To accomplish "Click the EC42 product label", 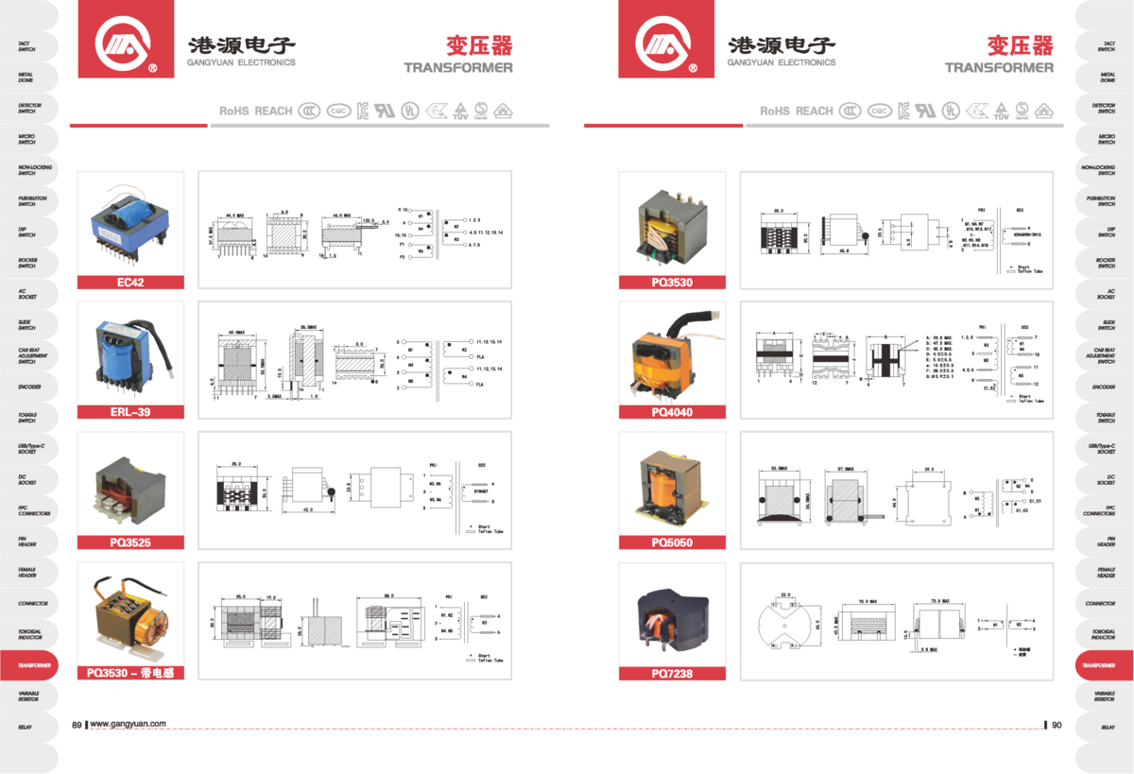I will (129, 282).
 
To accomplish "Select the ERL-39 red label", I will (129, 412).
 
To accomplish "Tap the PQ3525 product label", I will (129, 542).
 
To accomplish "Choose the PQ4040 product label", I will (672, 412).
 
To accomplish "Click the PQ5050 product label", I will (672, 542).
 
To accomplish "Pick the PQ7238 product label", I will (672, 673).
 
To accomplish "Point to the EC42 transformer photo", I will (129, 224).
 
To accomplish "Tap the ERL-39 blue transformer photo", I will (129, 353).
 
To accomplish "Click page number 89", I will (77, 725).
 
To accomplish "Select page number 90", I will (1057, 725).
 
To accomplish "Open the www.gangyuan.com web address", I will (129, 725).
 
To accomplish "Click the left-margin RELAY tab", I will (26, 728).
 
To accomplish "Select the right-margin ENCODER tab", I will (1107, 387).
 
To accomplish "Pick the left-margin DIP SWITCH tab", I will (26, 232).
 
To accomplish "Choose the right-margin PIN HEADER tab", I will (1107, 542).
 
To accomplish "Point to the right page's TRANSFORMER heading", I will (999, 67).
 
